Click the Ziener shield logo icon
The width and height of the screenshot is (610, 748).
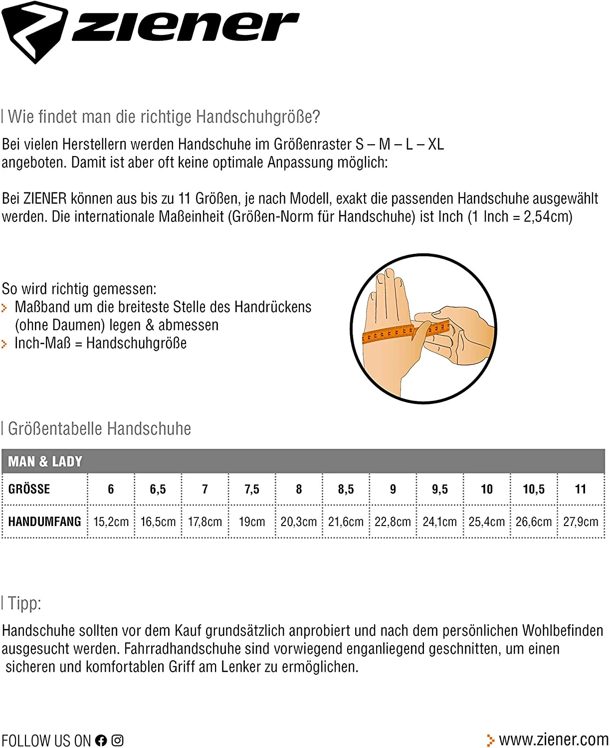(34, 31)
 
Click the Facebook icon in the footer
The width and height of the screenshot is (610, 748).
(101, 741)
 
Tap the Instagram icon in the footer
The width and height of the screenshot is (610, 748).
(117, 741)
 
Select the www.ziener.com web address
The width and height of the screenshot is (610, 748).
(553, 740)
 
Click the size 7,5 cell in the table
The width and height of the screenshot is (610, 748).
(252, 489)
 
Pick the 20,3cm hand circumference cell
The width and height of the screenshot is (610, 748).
(298, 522)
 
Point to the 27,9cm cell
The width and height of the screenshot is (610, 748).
(581, 522)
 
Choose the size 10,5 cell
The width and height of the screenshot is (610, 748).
(534, 489)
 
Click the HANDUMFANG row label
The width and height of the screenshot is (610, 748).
(44, 522)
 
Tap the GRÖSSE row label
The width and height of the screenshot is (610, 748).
(29, 489)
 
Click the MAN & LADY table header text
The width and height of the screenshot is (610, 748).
(45, 462)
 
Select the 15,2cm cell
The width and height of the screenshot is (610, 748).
(111, 522)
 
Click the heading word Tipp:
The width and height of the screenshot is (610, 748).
(24, 604)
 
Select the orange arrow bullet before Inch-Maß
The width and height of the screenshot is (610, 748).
(4, 344)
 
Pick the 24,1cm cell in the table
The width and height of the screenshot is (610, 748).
(439, 522)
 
